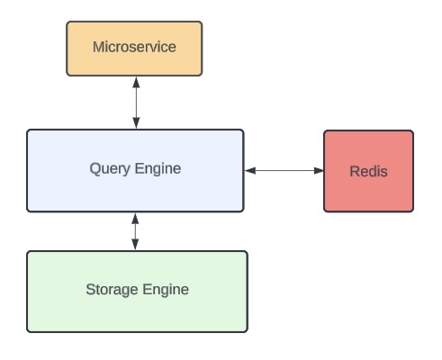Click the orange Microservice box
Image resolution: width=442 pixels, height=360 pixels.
(x=134, y=49)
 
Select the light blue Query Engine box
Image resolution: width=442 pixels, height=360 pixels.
(x=135, y=171)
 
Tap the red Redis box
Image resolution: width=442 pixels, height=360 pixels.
(x=368, y=171)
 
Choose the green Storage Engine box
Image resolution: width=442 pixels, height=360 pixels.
(x=137, y=292)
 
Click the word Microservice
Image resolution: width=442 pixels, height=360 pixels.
(x=134, y=47)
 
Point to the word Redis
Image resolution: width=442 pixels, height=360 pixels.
(x=368, y=171)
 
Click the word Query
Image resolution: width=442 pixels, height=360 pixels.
(x=110, y=169)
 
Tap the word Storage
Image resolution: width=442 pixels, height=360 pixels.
(x=113, y=290)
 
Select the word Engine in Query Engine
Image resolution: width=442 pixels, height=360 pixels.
(x=158, y=169)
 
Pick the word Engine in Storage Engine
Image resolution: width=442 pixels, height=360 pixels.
(x=166, y=290)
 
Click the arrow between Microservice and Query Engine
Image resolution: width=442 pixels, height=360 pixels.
(x=136, y=103)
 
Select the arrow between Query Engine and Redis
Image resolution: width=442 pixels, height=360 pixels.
(x=284, y=171)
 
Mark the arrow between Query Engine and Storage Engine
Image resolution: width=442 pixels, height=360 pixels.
(x=135, y=231)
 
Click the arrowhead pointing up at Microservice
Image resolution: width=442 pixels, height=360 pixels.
(x=136, y=83)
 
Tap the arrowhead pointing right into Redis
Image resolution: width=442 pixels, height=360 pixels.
(x=319, y=171)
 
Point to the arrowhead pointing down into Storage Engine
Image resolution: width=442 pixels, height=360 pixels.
(x=135, y=245)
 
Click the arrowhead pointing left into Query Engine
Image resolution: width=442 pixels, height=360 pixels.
(x=250, y=171)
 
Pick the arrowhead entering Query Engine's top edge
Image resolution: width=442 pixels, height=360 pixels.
(x=136, y=123)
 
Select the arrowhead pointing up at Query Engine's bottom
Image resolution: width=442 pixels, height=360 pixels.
(x=135, y=219)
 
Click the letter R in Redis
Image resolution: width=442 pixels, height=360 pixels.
(x=355, y=171)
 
